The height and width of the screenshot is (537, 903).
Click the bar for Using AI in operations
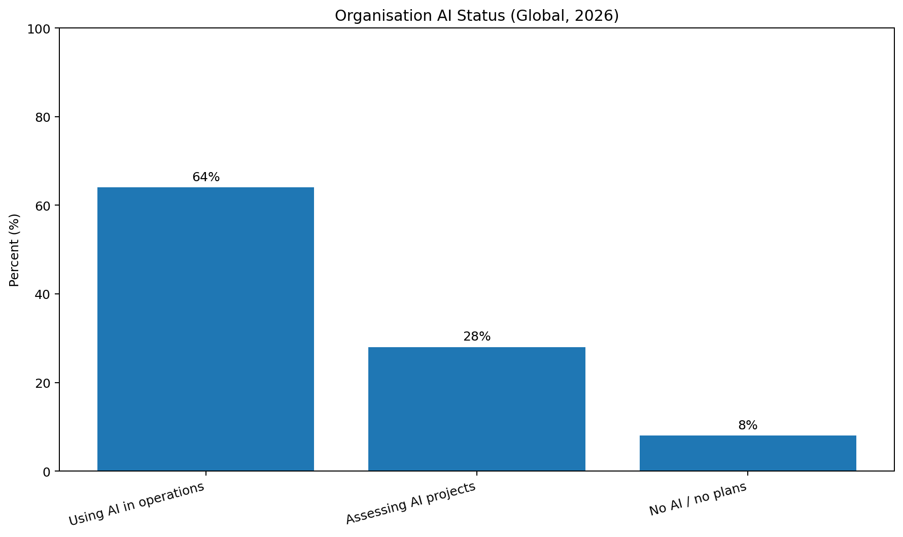pos(205,329)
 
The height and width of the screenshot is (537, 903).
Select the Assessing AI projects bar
pos(477,409)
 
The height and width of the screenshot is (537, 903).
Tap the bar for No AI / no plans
pos(748,453)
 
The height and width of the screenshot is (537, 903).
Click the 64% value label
pos(206,177)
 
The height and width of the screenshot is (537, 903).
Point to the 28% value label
pos(477,337)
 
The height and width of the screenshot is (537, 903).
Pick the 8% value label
pos(748,425)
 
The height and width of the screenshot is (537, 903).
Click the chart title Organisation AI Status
pos(421,16)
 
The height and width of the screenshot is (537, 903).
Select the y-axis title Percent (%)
pos(15,250)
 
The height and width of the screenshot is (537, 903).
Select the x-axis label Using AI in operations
pos(136,504)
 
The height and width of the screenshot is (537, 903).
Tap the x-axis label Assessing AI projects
pos(411,502)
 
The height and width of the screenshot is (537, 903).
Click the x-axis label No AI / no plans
pos(698,498)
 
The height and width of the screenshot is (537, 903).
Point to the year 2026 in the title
pos(597,16)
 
